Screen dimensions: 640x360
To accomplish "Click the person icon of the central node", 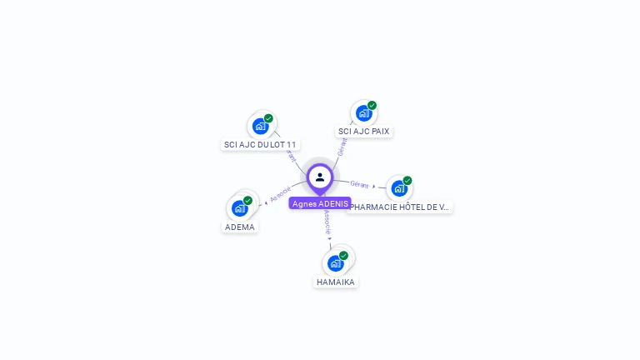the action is click(320, 177).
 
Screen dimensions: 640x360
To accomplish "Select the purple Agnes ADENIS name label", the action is click(320, 203).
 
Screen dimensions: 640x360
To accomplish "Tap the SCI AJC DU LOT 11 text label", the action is click(260, 144).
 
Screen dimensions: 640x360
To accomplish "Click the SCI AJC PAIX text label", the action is click(363, 131).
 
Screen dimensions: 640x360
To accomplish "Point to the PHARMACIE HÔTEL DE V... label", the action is click(401, 207).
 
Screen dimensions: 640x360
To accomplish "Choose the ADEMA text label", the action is click(240, 227).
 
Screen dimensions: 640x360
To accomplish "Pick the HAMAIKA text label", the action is click(336, 282).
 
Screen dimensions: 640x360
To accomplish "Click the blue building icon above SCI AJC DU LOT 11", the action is click(260, 127).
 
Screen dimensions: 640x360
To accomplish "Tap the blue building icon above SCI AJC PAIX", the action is click(363, 113).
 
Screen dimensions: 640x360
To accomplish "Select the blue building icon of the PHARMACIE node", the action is click(399, 188).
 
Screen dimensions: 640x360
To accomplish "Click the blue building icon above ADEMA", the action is click(239, 208).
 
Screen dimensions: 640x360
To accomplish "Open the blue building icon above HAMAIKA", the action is click(335, 263).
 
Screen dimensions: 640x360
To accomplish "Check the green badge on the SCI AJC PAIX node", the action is click(372, 106).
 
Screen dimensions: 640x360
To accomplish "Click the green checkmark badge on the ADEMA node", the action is click(247, 201).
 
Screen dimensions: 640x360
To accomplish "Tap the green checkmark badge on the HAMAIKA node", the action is click(343, 256).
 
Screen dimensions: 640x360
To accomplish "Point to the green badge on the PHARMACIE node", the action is click(407, 181).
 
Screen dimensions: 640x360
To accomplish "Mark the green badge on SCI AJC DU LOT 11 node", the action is click(268, 118).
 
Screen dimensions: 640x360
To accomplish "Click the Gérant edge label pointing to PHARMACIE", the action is click(359, 184).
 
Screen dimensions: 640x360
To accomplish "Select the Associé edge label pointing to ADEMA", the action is click(281, 194).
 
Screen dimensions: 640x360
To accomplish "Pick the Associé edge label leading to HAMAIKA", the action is click(327, 220).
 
